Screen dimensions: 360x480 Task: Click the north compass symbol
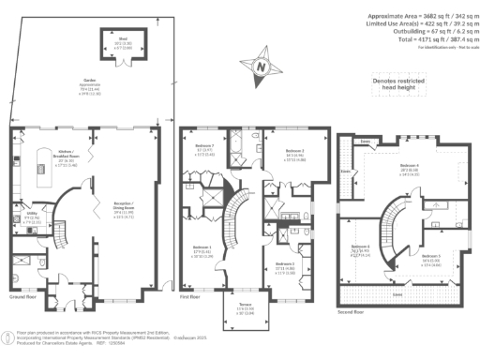(262, 67)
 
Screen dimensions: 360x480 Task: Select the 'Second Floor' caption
(351, 310)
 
